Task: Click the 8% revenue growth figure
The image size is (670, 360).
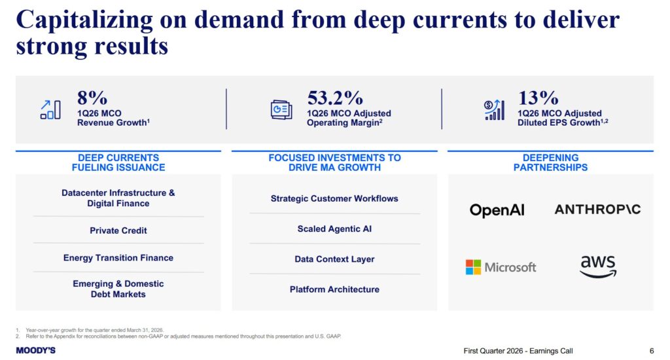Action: coord(92,98)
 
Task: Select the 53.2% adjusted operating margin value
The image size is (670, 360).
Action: coord(335,98)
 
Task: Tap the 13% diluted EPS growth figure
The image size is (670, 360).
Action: coord(538,98)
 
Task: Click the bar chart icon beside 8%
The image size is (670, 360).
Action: coord(50,109)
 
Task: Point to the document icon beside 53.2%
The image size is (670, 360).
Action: coord(281,109)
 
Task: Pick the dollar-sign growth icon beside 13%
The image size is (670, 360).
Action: coord(494,109)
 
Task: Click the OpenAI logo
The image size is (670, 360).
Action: coord(497,210)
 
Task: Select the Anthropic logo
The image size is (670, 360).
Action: coord(597,209)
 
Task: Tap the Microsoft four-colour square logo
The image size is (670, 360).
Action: coord(473,267)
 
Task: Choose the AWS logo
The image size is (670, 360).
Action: coord(597,266)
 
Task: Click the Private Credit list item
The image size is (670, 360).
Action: coord(118,230)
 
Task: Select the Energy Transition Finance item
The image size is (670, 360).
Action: coord(118,258)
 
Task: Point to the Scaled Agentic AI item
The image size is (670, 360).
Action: coord(334,229)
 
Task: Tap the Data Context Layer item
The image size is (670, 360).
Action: coord(334,259)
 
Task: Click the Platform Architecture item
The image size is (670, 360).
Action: coord(334,289)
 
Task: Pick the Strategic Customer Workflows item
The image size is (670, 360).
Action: coord(334,198)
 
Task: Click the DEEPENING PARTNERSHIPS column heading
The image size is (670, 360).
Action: coord(550,162)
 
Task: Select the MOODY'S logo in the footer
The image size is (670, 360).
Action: coord(35,350)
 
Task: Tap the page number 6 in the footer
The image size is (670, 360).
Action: coord(652,350)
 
